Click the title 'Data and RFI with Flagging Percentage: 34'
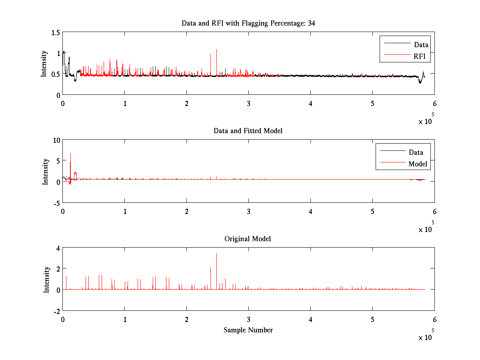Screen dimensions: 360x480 (x=248, y=23)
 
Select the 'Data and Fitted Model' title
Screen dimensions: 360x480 (x=248, y=131)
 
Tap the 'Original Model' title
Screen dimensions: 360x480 (x=248, y=239)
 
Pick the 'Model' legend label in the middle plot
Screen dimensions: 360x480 (x=418, y=164)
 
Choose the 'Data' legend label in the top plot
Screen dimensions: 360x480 (x=421, y=45)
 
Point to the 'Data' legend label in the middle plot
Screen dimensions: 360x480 (x=416, y=152)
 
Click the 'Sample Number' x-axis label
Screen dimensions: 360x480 (x=248, y=330)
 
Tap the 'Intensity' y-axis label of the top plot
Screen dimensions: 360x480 (x=44, y=64)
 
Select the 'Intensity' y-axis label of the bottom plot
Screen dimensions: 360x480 (x=46, y=279)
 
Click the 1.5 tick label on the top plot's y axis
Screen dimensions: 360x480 (x=56, y=32)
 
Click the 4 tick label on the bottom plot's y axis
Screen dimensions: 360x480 (x=58, y=248)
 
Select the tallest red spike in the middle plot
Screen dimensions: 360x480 (x=70, y=154)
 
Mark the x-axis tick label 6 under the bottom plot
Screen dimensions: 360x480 (x=434, y=320)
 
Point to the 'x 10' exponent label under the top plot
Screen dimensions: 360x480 (x=426, y=121)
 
